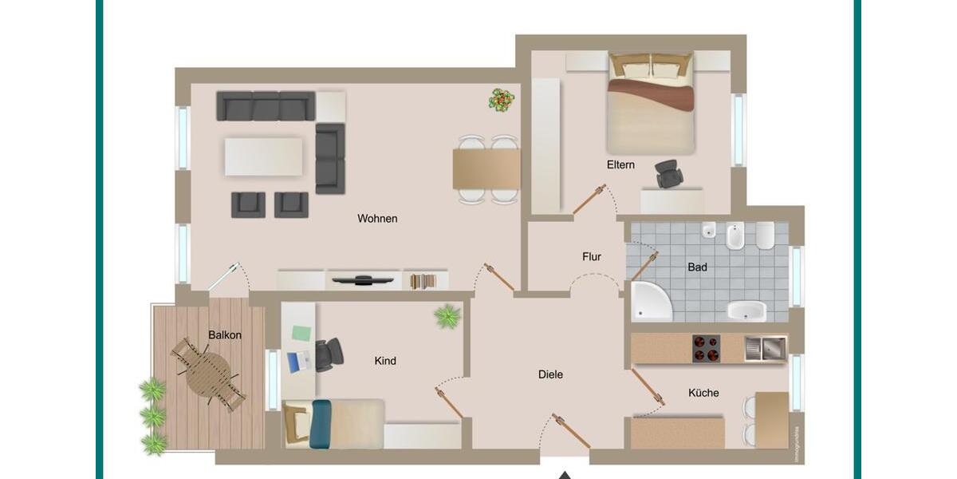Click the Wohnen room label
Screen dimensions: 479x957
pyautogui.click(x=377, y=219)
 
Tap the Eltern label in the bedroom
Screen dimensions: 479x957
pyautogui.click(x=620, y=165)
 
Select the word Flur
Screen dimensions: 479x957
pyautogui.click(x=591, y=257)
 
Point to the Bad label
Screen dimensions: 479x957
pyautogui.click(x=697, y=267)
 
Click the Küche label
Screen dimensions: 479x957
pyautogui.click(x=703, y=393)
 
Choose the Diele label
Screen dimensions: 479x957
pyautogui.click(x=550, y=374)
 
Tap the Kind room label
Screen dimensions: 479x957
pyautogui.click(x=385, y=361)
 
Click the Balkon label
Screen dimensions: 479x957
pyautogui.click(x=224, y=335)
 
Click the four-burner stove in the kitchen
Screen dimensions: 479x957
pyautogui.click(x=706, y=348)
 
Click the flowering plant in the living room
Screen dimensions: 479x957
pyautogui.click(x=502, y=101)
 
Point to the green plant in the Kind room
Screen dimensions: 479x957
pyautogui.click(x=447, y=316)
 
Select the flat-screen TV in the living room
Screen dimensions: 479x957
pyautogui.click(x=363, y=279)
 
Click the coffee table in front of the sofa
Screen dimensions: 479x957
pyautogui.click(x=263, y=156)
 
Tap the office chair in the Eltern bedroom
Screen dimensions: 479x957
pyautogui.click(x=668, y=172)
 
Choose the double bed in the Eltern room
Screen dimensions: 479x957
pyautogui.click(x=650, y=104)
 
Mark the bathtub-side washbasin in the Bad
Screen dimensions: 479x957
pyautogui.click(x=746, y=311)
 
